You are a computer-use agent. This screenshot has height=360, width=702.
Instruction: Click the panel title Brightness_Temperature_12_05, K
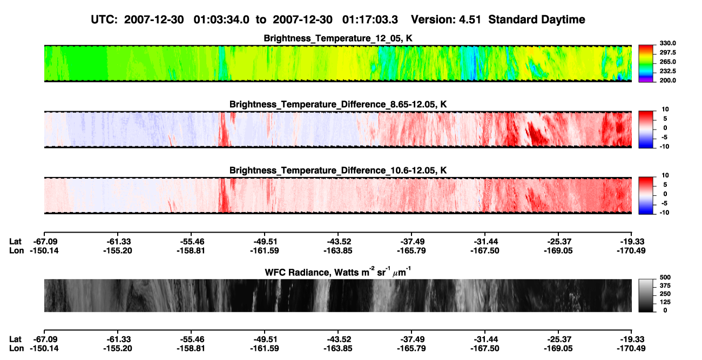click(338, 38)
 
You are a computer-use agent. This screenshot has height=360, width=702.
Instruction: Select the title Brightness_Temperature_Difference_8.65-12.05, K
click(338, 104)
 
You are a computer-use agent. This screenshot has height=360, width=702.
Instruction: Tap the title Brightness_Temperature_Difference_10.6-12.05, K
click(338, 171)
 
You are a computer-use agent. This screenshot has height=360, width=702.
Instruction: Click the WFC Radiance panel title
click(338, 271)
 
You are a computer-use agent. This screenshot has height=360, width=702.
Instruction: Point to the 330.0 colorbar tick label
click(667, 43)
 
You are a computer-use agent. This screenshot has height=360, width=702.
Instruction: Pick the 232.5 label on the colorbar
click(667, 71)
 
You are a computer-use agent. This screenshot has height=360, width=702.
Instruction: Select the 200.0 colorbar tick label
click(667, 80)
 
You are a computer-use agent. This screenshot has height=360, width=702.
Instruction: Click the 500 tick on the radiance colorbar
click(665, 277)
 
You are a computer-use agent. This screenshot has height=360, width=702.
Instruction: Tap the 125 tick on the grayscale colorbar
click(665, 302)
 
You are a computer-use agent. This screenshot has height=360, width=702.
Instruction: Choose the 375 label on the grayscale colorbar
click(665, 286)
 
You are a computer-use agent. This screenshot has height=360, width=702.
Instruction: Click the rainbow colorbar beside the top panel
click(646, 64)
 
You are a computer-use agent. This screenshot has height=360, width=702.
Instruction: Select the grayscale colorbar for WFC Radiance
click(646, 295)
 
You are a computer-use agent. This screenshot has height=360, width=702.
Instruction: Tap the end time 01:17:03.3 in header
click(370, 20)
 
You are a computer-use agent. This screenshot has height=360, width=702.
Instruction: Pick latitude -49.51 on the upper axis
click(265, 242)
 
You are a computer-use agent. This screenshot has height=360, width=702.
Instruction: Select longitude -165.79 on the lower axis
click(411, 349)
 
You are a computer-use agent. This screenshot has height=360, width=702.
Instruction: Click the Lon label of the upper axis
click(17, 250)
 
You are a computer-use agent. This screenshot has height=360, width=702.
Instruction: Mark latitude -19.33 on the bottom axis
click(631, 339)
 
